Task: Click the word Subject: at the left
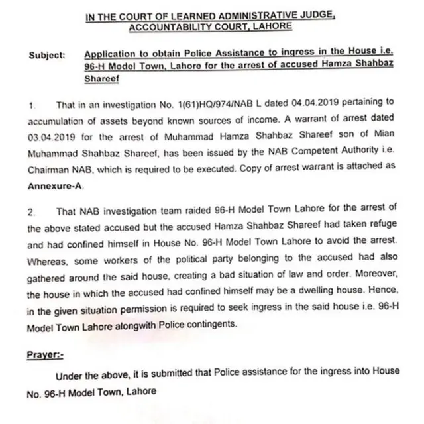pyautogui.click(x=46, y=56)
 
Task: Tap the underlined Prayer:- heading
pyautogui.click(x=45, y=354)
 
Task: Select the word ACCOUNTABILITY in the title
pyautogui.click(x=168, y=27)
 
